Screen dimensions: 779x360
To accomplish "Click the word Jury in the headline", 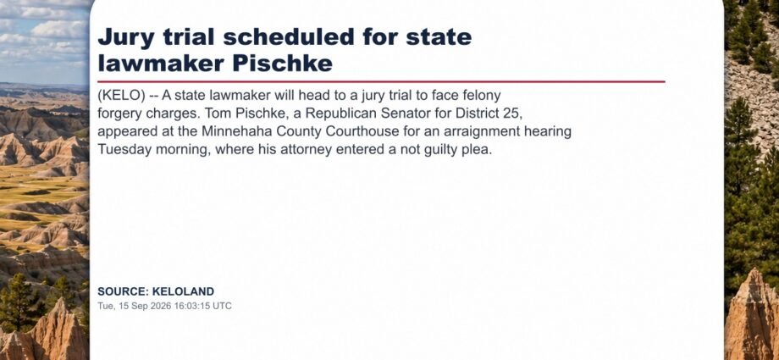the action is [124, 38].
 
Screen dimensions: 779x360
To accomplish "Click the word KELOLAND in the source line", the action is [183, 291].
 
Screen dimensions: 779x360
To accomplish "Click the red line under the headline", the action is [381, 81].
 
